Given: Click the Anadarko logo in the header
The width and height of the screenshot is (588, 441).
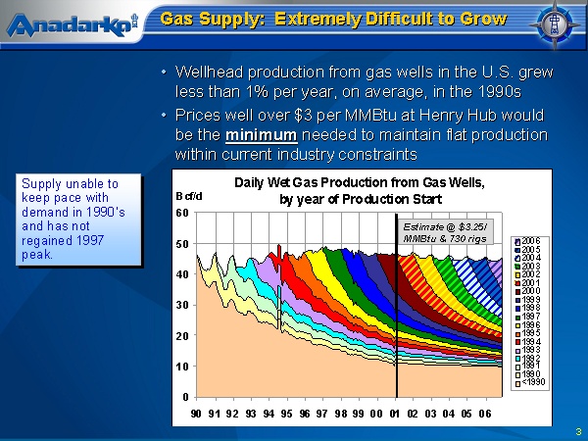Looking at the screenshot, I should (70, 24).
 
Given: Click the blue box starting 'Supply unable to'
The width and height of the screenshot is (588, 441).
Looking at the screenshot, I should (77, 219).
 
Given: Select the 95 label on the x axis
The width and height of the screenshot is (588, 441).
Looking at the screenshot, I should (287, 414).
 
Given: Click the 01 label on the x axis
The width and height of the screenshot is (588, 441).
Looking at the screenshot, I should (396, 414).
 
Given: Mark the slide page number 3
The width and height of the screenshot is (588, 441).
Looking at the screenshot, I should (578, 431).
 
